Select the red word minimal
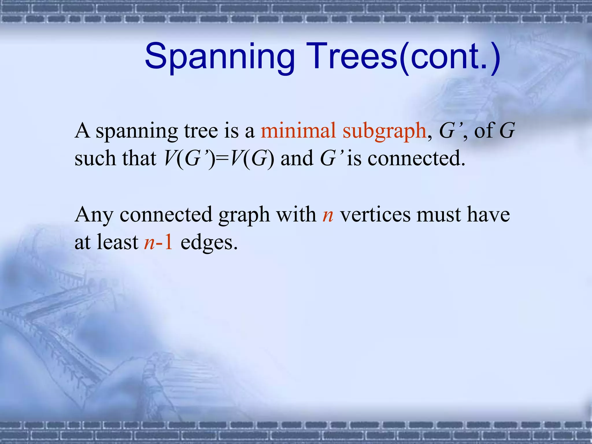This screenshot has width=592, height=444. [298, 131]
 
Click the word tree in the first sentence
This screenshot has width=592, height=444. [201, 131]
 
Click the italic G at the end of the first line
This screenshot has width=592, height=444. [507, 131]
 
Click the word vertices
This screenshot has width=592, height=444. [375, 215]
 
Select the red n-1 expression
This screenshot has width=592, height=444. [158, 242]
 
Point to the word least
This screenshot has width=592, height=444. [117, 242]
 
